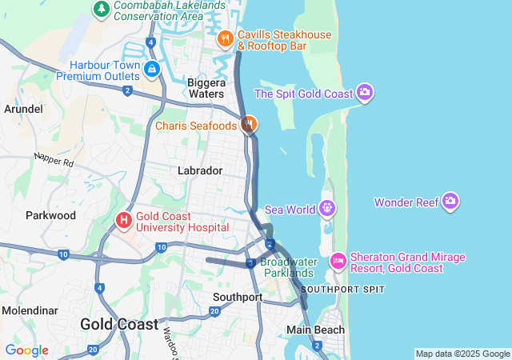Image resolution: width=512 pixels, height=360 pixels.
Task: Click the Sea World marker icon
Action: [326, 210]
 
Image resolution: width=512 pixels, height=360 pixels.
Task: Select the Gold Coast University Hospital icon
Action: [124, 219]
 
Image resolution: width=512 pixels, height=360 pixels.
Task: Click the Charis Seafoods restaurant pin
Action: [249, 124]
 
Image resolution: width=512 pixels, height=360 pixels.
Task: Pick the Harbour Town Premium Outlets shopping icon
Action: [151, 70]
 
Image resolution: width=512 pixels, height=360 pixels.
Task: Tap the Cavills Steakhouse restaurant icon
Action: [226, 38]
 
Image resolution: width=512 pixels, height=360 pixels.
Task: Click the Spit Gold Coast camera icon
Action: [365, 93]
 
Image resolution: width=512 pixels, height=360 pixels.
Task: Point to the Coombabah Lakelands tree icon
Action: [102, 8]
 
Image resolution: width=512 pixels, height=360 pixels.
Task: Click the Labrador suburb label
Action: [199, 170]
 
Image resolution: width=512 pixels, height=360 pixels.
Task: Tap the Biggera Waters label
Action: [206, 88]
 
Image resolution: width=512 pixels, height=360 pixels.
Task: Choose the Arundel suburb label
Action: [23, 108]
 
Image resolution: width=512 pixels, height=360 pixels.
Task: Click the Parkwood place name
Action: [50, 215]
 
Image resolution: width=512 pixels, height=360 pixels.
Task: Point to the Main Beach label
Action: [316, 330]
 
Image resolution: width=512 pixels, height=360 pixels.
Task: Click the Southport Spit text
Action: [343, 289]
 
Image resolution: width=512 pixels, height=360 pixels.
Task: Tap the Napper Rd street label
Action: [54, 159]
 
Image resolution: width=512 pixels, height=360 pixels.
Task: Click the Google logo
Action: [26, 350]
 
